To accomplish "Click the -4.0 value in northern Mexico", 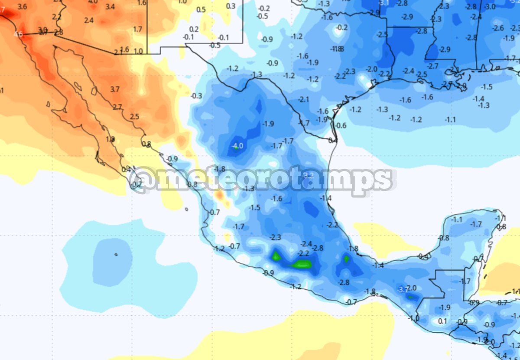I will tap(238, 146).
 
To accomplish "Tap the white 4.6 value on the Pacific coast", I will tap(18, 34).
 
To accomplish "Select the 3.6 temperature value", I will tap(23, 7).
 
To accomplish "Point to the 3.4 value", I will tap(110, 7).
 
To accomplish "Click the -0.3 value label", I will tap(196, 96).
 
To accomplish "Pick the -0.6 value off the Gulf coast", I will tap(341, 126).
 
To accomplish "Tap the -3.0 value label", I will tap(489, 7).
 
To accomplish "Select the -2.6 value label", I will tap(498, 28).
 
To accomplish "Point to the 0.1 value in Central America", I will tap(442, 321).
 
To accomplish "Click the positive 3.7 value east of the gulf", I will tap(114, 89).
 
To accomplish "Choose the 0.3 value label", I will tap(231, 6).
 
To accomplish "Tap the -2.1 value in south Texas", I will tap(304, 100).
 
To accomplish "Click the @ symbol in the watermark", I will tap(143, 179).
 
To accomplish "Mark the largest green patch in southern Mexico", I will tap(302, 264).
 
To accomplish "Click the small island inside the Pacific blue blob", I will tap(116, 255).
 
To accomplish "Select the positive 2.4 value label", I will tap(89, 20).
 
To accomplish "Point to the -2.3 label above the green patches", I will tap(275, 237).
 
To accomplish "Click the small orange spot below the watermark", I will tap(220, 196).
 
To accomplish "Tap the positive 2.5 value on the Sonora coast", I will tap(134, 117).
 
